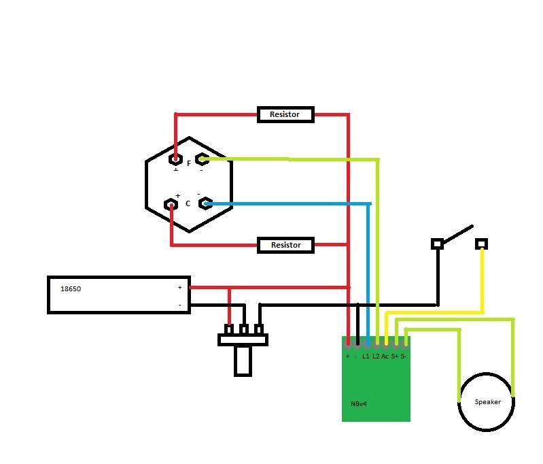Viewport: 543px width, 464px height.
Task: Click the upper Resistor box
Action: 285,114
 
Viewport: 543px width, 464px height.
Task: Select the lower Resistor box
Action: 285,245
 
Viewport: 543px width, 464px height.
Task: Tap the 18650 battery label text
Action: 71,289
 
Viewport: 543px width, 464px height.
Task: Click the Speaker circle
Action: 487,401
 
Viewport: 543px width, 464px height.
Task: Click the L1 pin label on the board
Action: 366,357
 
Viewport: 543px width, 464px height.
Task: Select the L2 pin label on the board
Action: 376,357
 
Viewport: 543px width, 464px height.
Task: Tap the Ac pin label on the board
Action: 385,357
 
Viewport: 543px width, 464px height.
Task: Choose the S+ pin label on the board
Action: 395,357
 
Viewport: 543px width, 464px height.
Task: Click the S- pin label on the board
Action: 404,357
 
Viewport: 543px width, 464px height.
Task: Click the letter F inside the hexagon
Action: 188,163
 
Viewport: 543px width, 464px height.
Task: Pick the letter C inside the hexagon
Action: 188,203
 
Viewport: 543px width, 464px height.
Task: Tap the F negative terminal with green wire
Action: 201,160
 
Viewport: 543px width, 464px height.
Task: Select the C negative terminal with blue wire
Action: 203,203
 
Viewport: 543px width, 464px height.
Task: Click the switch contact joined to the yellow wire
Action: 482,244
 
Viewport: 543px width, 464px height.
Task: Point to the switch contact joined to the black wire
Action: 438,243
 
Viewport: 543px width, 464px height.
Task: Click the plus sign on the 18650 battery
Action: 180,288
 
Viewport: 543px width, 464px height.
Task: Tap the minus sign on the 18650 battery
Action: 180,305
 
